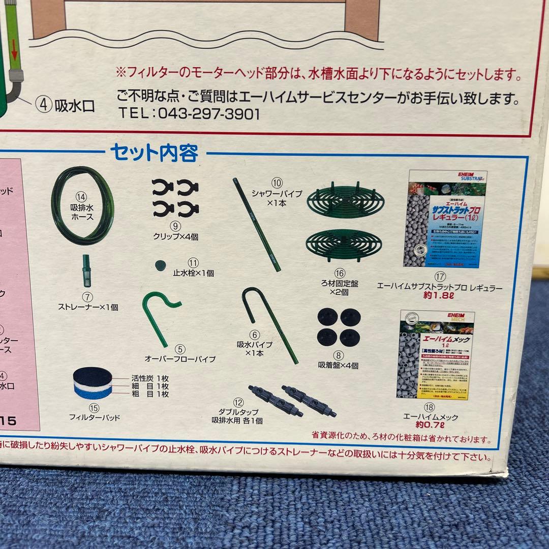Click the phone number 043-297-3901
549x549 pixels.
208,114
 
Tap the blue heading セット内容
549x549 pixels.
154,152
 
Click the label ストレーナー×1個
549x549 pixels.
88,307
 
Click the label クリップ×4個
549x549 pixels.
175,237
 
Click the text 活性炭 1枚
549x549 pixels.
150,378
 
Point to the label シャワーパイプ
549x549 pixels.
277,194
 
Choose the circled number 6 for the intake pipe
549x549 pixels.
255,334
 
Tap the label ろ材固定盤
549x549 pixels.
340,284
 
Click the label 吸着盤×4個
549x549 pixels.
339,365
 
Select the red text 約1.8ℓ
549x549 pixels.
440,297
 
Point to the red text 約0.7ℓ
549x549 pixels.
431,425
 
